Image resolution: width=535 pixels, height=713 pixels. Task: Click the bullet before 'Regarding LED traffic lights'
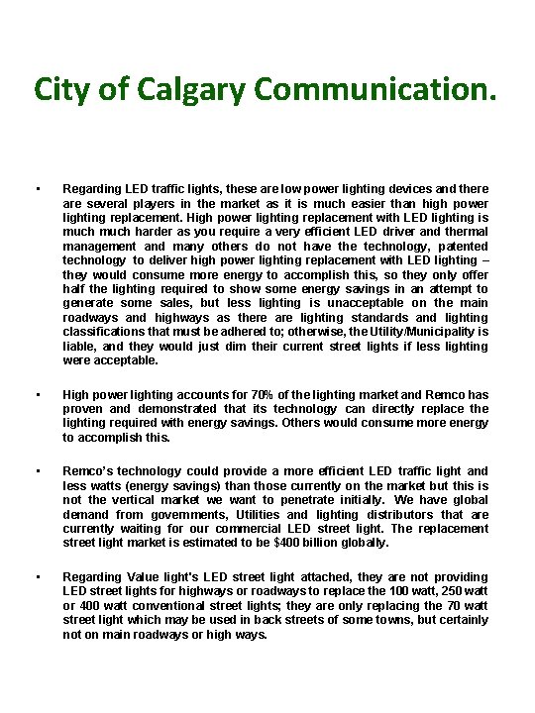36,187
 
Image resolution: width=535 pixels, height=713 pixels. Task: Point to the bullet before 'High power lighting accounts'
36,394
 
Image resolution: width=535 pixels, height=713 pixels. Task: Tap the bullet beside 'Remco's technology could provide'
36,471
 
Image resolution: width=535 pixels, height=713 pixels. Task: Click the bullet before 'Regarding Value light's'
36,576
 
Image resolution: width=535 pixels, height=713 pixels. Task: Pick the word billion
345,542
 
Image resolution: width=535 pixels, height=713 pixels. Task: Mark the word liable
80,347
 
